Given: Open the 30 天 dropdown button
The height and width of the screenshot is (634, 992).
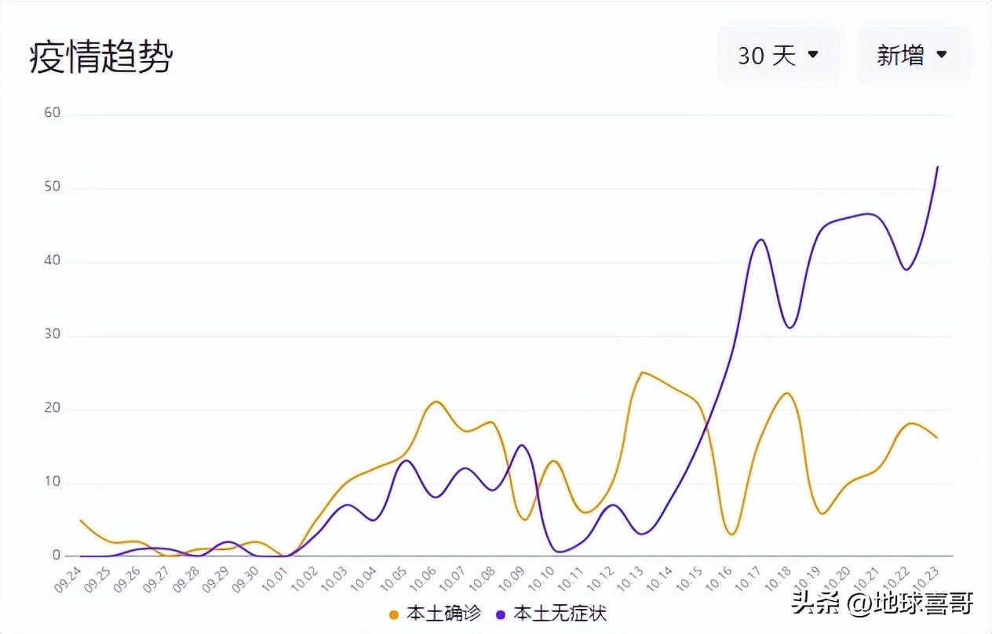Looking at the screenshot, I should [778, 55].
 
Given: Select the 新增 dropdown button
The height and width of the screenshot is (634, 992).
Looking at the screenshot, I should [912, 55].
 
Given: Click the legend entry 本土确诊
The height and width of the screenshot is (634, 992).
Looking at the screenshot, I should [436, 613].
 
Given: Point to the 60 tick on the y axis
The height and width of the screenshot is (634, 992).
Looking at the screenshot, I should [52, 113].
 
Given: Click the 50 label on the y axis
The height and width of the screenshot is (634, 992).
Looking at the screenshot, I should [52, 188].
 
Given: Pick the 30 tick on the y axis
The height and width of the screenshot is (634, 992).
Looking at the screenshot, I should [52, 335].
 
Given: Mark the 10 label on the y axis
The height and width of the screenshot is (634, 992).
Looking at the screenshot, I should [52, 482].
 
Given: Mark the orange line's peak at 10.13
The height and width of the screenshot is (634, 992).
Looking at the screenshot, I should [643, 372].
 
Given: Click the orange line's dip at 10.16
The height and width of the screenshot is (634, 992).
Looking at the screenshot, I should [731, 534].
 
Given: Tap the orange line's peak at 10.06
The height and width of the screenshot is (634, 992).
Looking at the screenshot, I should [436, 402].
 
